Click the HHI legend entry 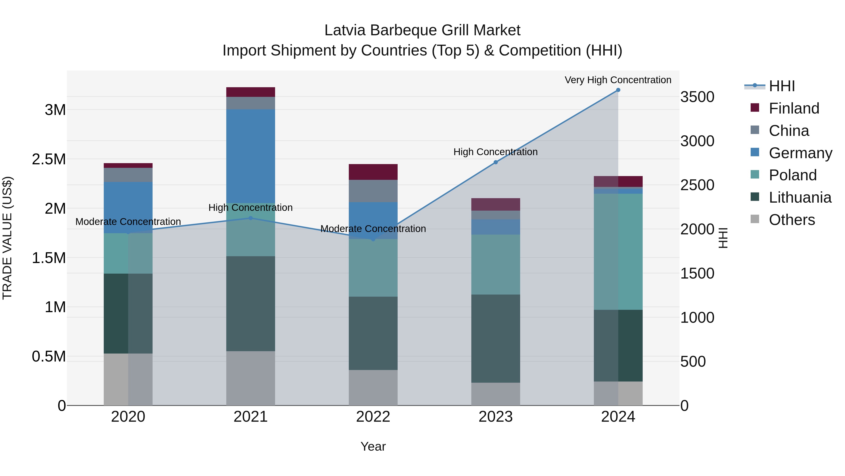pos(781,86)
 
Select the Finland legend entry pos(794,108)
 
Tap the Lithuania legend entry pos(799,197)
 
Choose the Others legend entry pos(791,220)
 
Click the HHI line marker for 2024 pos(618,90)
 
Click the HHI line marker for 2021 pos(251,218)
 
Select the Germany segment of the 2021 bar pos(251,156)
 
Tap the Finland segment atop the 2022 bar pos(373,172)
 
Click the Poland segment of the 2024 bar pos(618,251)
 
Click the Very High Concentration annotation pos(618,80)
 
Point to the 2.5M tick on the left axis pos(49,159)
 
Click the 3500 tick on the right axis pos(697,97)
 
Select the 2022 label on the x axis pos(373,417)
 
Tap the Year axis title pos(373,446)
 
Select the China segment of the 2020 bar pos(128,175)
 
